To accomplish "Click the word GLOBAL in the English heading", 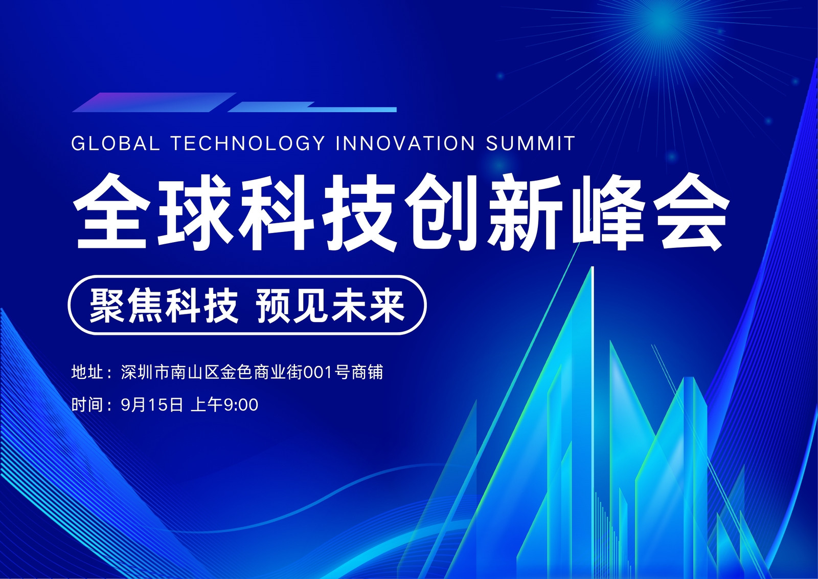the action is coord(116,143).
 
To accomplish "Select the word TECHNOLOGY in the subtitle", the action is coord(247,143).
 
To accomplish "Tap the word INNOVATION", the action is coord(405,143).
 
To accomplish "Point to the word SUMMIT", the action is coord(530,143).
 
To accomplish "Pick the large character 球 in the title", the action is coord(195,212).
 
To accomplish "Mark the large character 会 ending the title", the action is coord(690,212).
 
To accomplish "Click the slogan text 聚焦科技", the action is coord(164,305).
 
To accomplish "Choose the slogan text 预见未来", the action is coord(331,305).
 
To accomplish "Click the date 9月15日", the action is coord(152,405).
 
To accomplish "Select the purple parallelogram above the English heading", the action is coord(154,102).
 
